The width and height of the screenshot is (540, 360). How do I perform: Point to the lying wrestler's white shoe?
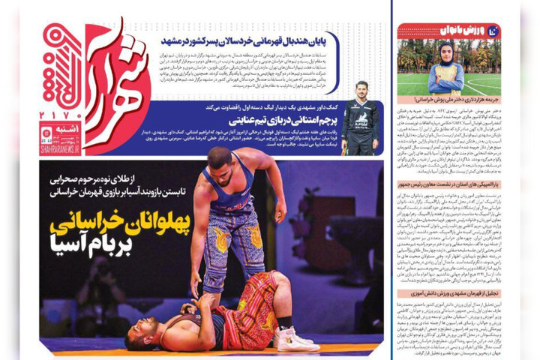pyautogui.click(x=295, y=339)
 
